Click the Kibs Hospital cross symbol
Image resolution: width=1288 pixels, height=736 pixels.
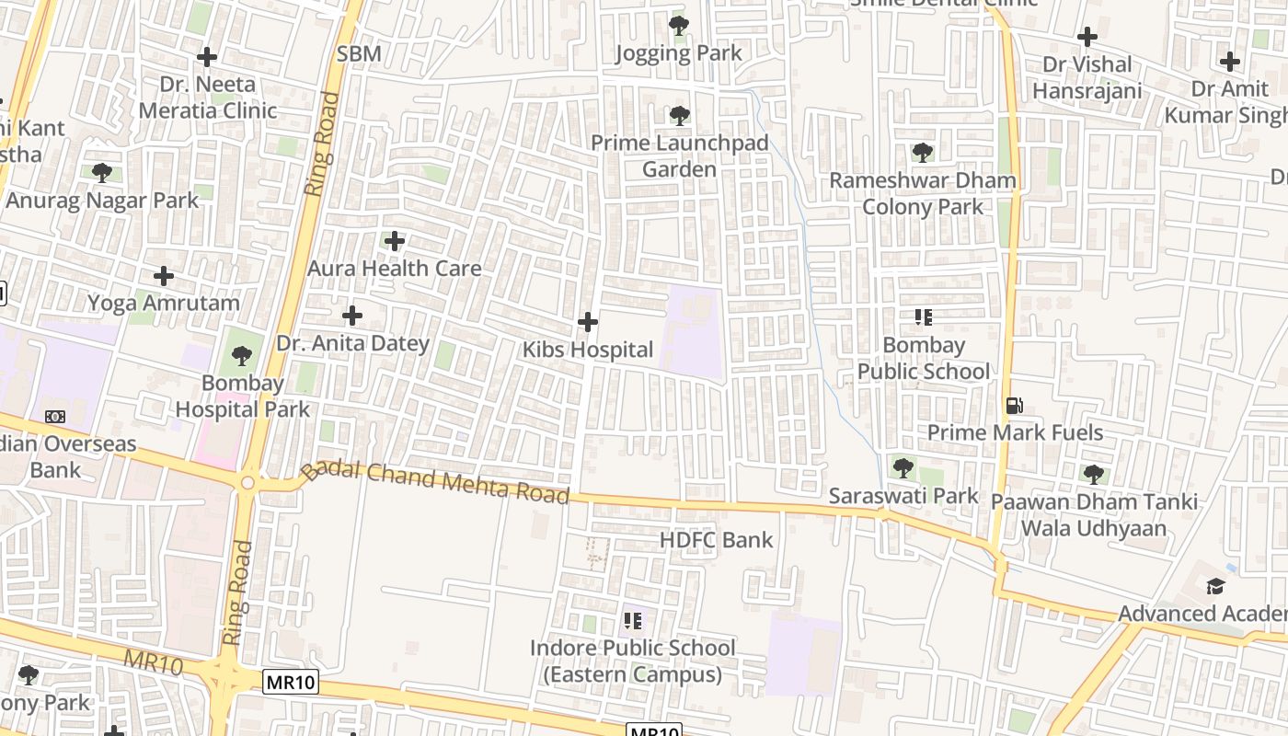click(x=588, y=322)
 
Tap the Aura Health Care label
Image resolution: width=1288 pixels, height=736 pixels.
click(x=394, y=269)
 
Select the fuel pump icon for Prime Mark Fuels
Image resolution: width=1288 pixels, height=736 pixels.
click(x=1014, y=406)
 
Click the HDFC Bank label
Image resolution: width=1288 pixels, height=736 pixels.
click(x=717, y=540)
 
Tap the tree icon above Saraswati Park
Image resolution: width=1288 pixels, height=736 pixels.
click(x=903, y=468)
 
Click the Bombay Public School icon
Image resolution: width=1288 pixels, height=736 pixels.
click(x=923, y=318)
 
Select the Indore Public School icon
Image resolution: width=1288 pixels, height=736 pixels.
click(x=632, y=621)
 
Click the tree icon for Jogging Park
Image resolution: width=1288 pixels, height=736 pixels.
click(x=679, y=26)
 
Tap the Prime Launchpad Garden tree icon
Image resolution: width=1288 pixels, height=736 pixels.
click(x=679, y=116)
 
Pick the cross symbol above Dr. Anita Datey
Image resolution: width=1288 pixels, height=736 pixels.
click(x=351, y=316)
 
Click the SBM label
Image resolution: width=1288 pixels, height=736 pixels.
click(x=359, y=54)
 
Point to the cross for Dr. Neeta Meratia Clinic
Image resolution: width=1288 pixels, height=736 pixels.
click(x=207, y=57)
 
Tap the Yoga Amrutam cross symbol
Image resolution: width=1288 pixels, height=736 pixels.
click(x=164, y=276)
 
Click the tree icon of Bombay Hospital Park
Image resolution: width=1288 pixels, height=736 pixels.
click(x=242, y=355)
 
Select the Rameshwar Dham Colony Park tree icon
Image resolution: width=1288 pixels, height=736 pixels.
click(x=923, y=153)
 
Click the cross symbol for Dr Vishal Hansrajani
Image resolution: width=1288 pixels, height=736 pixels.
click(x=1087, y=38)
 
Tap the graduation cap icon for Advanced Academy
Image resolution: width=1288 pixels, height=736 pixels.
click(x=1215, y=586)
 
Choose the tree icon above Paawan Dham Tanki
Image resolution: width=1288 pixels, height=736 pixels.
click(x=1093, y=475)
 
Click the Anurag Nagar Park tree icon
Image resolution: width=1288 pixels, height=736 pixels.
click(x=102, y=172)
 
